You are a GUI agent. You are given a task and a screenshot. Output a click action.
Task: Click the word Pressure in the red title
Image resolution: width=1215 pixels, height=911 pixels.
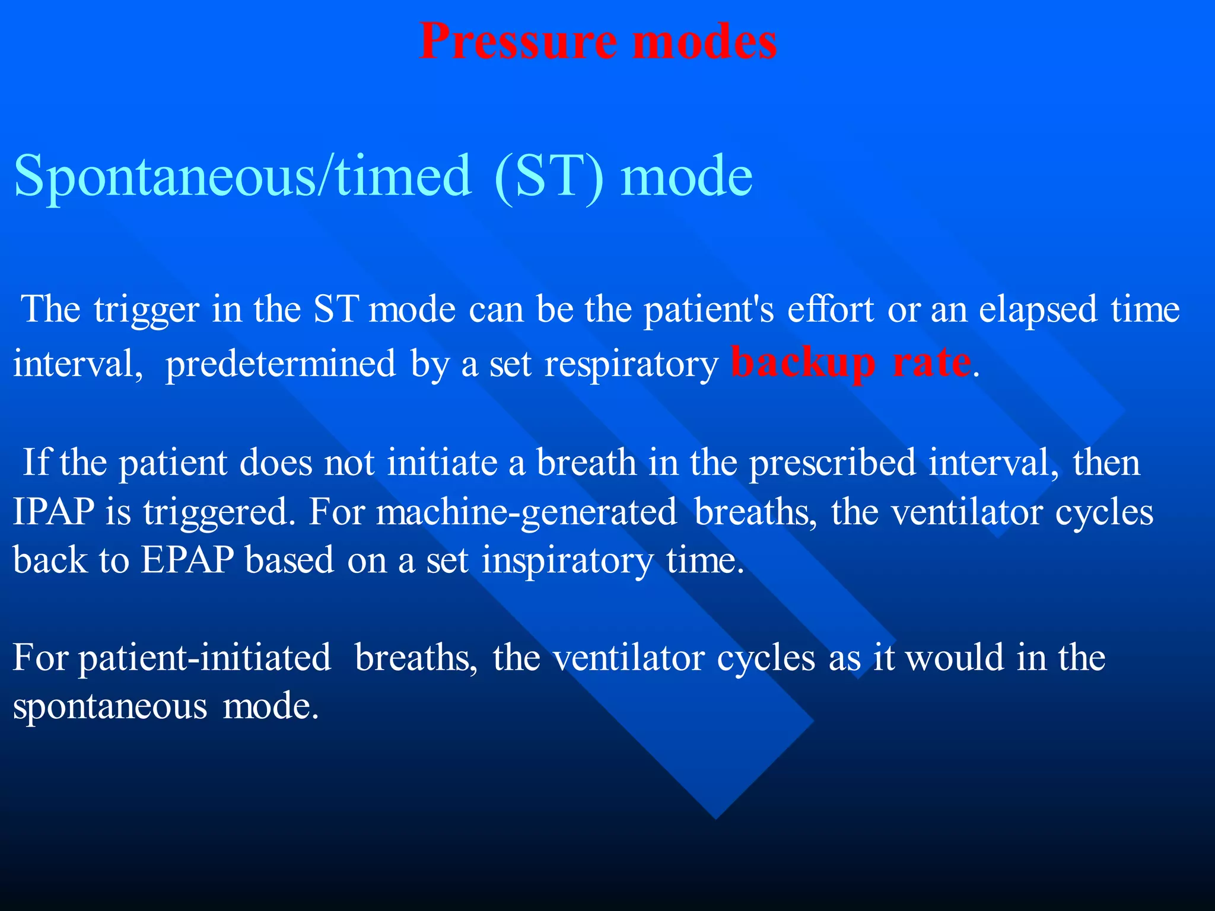[518, 42]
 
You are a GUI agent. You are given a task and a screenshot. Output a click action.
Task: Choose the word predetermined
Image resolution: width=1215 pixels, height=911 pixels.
[280, 364]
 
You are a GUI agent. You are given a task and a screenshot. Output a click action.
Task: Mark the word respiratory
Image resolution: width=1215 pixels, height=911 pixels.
[631, 364]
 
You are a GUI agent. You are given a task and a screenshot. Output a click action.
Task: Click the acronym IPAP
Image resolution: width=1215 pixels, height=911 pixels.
[53, 512]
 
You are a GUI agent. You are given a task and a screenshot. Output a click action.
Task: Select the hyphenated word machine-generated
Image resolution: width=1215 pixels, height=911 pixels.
[526, 513]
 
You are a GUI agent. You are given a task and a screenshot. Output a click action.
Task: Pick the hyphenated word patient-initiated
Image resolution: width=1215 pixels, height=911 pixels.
[205, 658]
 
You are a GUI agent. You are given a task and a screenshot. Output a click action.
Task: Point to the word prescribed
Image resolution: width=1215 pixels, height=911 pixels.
[832, 463]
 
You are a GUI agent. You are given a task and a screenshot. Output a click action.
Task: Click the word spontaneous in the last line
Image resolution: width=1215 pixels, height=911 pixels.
[110, 707]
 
